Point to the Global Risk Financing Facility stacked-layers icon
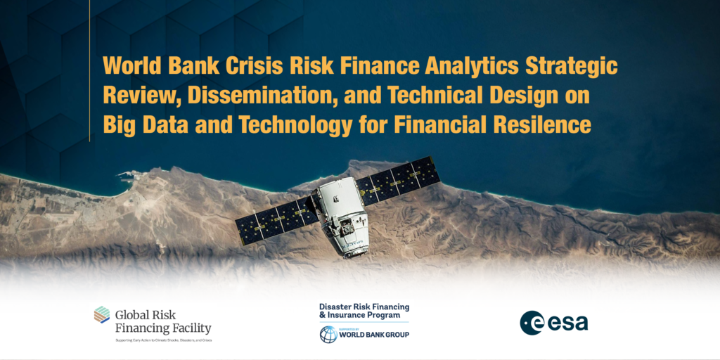tap(102, 315)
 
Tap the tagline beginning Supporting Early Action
tap(164, 340)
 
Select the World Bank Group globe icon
tap(328, 334)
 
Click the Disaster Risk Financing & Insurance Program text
tap(364, 311)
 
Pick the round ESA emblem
tap(532, 323)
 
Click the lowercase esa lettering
tap(568, 323)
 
